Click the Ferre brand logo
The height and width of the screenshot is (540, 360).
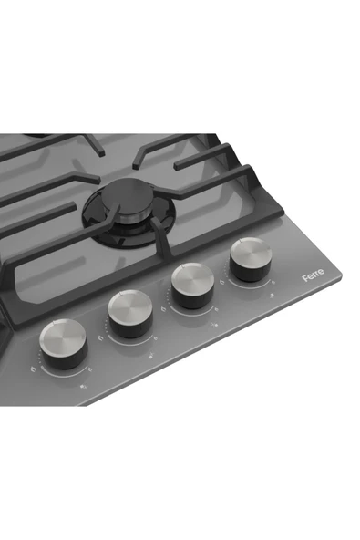[314, 275]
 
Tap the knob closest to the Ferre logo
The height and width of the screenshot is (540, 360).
[251, 259]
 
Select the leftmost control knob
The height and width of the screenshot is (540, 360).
[64, 343]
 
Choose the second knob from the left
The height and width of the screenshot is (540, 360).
[130, 314]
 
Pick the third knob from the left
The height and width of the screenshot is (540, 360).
[192, 286]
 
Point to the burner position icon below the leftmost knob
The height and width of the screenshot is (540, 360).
[85, 387]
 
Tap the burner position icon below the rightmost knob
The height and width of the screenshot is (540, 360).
[273, 296]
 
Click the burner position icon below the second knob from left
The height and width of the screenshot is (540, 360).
[152, 356]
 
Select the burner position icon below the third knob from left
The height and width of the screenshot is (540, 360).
[215, 324]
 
